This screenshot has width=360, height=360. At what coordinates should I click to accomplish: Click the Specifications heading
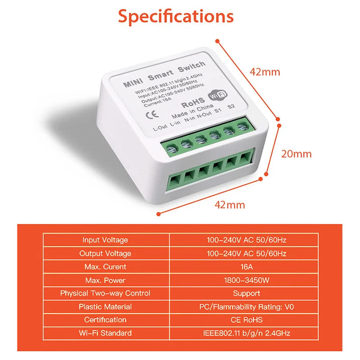[x=176, y=16]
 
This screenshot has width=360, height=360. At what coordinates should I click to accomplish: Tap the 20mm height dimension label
[x=296, y=154]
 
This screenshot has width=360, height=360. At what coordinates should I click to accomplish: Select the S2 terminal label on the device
[x=231, y=107]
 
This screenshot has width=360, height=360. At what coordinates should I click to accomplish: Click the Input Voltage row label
[x=105, y=240]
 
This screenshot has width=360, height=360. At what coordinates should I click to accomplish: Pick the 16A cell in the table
[x=246, y=267]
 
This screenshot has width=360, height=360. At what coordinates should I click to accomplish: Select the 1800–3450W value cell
[x=246, y=280]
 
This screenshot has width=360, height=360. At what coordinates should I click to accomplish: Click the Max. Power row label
[x=105, y=280]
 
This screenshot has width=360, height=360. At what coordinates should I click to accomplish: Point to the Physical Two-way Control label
[x=105, y=293]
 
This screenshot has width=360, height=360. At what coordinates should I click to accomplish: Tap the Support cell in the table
[x=246, y=293]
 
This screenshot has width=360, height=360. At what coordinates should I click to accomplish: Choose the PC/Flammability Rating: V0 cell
[x=246, y=307]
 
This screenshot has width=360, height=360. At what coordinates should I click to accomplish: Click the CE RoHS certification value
[x=246, y=320]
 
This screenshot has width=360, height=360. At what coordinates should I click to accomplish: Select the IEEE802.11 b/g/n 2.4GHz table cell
[x=246, y=333]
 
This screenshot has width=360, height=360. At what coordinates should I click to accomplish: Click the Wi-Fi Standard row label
[x=105, y=333]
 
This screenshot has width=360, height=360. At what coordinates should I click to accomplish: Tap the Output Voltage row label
[x=105, y=254]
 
